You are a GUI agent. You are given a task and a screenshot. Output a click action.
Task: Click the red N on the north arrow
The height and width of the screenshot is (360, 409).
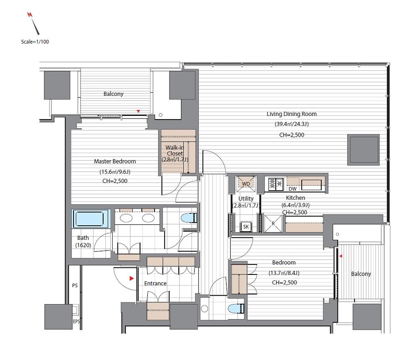pyautogui.click(x=30, y=14)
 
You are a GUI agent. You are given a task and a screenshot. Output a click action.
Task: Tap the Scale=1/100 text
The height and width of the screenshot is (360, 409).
pyautogui.click(x=35, y=42)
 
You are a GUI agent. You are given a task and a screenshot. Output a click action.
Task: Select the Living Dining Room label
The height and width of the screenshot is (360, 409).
pyautogui.click(x=292, y=114)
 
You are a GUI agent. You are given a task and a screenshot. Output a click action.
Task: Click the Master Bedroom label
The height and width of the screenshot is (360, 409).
pyautogui.click(x=115, y=161)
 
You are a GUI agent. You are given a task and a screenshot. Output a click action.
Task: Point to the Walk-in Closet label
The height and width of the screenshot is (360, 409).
pyautogui.click(x=175, y=151)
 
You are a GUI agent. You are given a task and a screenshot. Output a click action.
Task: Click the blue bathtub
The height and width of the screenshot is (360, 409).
pyautogui.click(x=90, y=219)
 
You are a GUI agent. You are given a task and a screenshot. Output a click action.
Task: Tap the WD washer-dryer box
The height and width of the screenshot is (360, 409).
pyautogui.click(x=246, y=184)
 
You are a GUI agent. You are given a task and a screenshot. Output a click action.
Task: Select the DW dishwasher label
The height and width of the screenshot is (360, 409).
pyautogui.click(x=292, y=189)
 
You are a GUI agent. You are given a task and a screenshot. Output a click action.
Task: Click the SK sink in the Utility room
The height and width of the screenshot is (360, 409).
pyautogui.click(x=246, y=227)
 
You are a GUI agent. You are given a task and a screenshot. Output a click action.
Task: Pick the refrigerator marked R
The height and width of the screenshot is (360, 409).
pyautogui.click(x=273, y=223)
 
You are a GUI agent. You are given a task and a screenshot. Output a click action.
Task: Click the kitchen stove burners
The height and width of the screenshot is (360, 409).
pyautogui.click(x=276, y=184)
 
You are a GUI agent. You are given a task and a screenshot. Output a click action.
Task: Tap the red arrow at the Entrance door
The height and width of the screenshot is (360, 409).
pyautogui.click(x=131, y=278)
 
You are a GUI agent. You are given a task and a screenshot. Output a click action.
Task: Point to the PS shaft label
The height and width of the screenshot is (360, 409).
pyautogui.click(x=75, y=285)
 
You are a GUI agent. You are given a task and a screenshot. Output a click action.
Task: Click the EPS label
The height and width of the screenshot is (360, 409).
pyautogui.click(x=76, y=321)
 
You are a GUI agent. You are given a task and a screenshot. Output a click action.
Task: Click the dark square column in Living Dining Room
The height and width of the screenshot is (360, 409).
pyautogui.click(x=363, y=150)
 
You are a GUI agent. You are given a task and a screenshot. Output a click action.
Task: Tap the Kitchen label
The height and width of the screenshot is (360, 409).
pyautogui.click(x=296, y=198)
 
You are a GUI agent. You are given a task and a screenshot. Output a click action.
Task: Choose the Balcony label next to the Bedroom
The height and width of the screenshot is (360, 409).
pyautogui.click(x=361, y=274)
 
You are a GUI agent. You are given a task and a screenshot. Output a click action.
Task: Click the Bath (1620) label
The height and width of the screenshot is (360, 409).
pyautogui.click(x=83, y=241)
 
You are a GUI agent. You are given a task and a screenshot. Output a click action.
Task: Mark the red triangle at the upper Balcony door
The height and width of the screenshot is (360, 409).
pyautogui.click(x=138, y=111)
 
